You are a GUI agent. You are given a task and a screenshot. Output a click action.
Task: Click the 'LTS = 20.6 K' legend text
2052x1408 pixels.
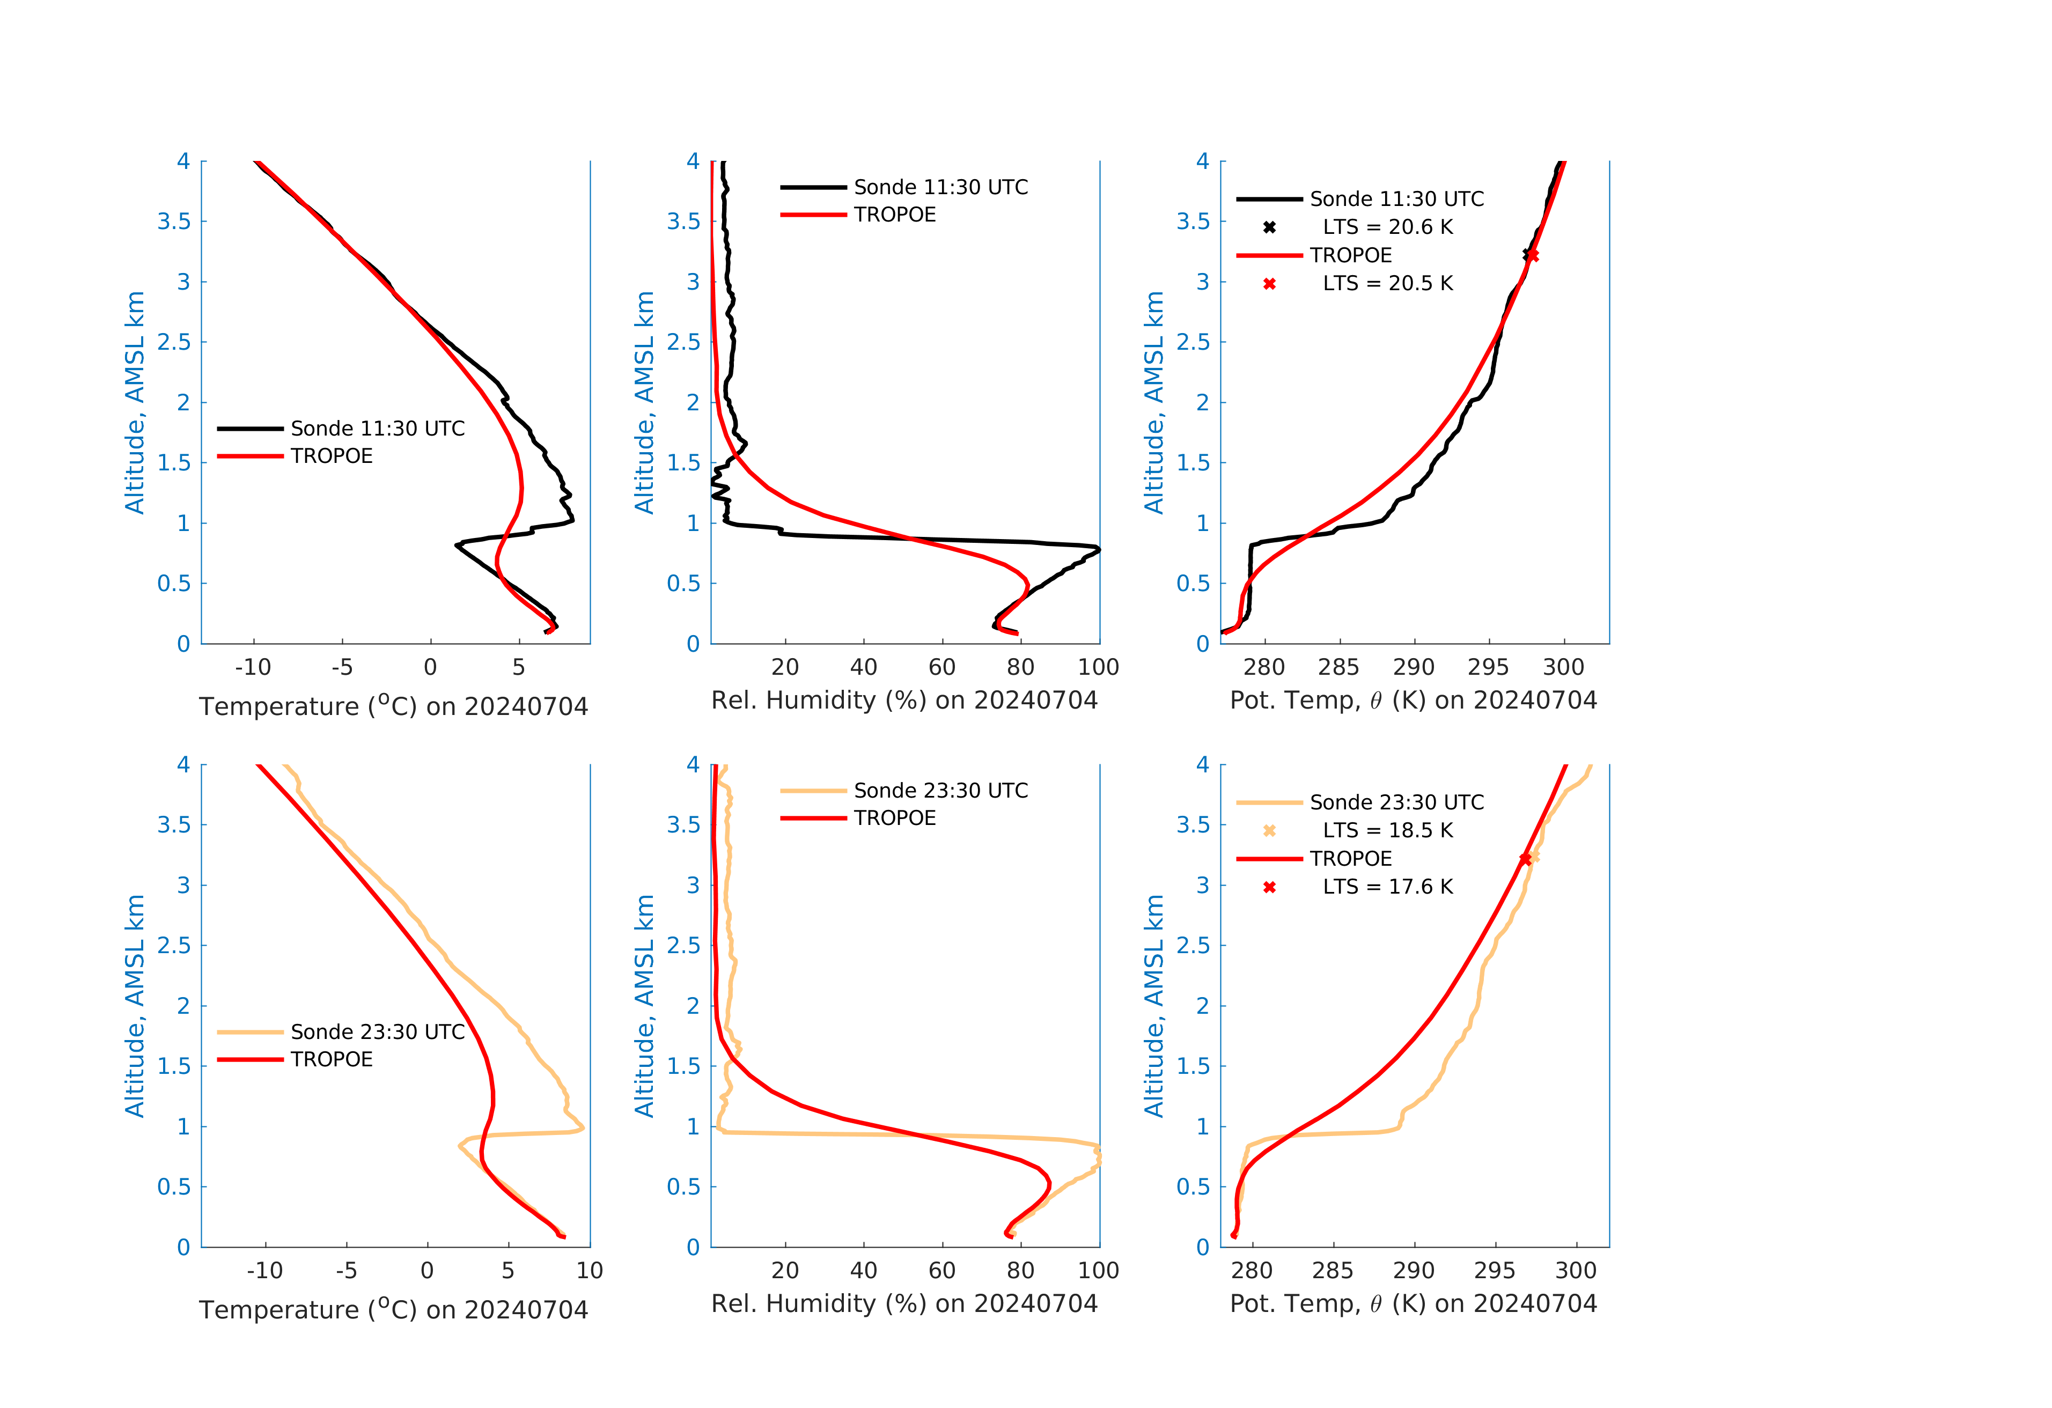[1387, 227]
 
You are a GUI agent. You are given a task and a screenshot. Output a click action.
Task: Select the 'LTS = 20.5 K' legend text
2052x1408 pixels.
[1387, 283]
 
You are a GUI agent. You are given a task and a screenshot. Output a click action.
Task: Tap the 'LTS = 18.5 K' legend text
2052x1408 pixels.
[1387, 831]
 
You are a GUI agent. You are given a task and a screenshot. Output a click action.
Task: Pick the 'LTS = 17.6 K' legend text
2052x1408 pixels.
[1387, 887]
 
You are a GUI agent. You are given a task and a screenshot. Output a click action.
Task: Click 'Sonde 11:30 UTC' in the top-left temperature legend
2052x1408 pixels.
[377, 429]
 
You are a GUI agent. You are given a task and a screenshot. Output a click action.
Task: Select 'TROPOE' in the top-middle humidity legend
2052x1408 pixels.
[894, 215]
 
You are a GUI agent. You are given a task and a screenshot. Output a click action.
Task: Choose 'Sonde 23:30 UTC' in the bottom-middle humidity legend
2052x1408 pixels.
[940, 791]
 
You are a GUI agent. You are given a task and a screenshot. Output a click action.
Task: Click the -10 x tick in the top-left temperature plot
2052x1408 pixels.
[253, 667]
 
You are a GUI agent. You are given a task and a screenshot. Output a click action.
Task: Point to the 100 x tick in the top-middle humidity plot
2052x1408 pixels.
[1098, 667]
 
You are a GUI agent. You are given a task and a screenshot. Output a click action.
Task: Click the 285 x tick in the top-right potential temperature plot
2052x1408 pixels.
[1340, 667]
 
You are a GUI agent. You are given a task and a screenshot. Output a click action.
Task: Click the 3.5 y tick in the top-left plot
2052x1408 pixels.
[174, 222]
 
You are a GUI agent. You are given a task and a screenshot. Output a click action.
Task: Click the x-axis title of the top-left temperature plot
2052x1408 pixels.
[393, 706]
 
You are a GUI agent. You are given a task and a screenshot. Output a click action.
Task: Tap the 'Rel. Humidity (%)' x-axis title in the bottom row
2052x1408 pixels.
[904, 1304]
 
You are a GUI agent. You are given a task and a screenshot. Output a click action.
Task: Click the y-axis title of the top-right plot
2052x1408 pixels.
[1154, 402]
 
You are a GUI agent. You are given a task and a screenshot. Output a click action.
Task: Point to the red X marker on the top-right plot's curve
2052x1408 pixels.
[1533, 255]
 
